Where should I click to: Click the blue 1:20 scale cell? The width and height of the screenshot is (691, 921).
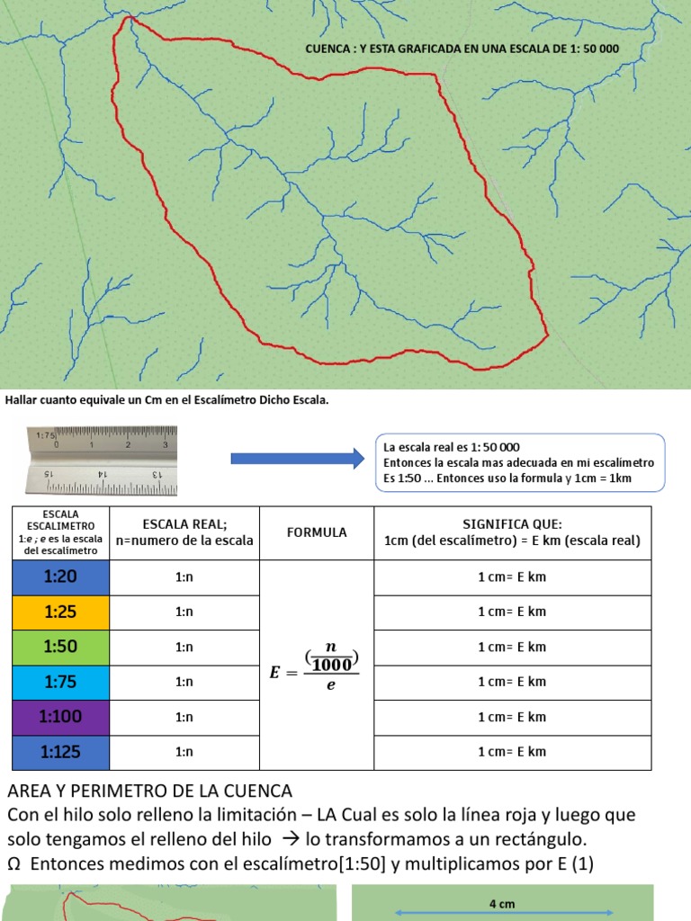pyautogui.click(x=59, y=577)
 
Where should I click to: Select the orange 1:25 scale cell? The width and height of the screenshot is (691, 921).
pyautogui.click(x=59, y=612)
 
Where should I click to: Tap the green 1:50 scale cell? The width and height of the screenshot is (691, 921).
pyautogui.click(x=59, y=647)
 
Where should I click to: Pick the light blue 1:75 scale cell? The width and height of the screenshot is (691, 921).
pyautogui.click(x=59, y=682)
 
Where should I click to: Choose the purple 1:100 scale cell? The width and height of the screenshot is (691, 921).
pyautogui.click(x=59, y=717)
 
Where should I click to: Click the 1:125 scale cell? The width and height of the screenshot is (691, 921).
pyautogui.click(x=59, y=752)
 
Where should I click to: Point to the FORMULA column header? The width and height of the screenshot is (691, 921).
pyautogui.click(x=317, y=532)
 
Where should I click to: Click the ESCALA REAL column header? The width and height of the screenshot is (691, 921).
pyautogui.click(x=184, y=532)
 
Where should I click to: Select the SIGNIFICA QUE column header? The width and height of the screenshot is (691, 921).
pyautogui.click(x=511, y=532)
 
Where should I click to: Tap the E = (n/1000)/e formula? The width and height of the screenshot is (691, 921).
pyautogui.click(x=316, y=666)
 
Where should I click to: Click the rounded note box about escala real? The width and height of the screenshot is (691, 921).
pyautogui.click(x=519, y=462)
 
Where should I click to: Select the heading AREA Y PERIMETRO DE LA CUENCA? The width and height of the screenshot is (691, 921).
pyautogui.click(x=149, y=791)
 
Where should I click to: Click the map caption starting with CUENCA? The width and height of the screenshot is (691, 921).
pyautogui.click(x=462, y=49)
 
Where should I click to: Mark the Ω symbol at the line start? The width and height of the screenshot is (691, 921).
pyautogui.click(x=13, y=863)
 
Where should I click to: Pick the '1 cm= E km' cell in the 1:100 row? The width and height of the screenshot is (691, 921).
pyautogui.click(x=511, y=717)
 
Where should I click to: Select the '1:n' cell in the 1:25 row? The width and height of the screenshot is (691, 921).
pyautogui.click(x=184, y=612)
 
